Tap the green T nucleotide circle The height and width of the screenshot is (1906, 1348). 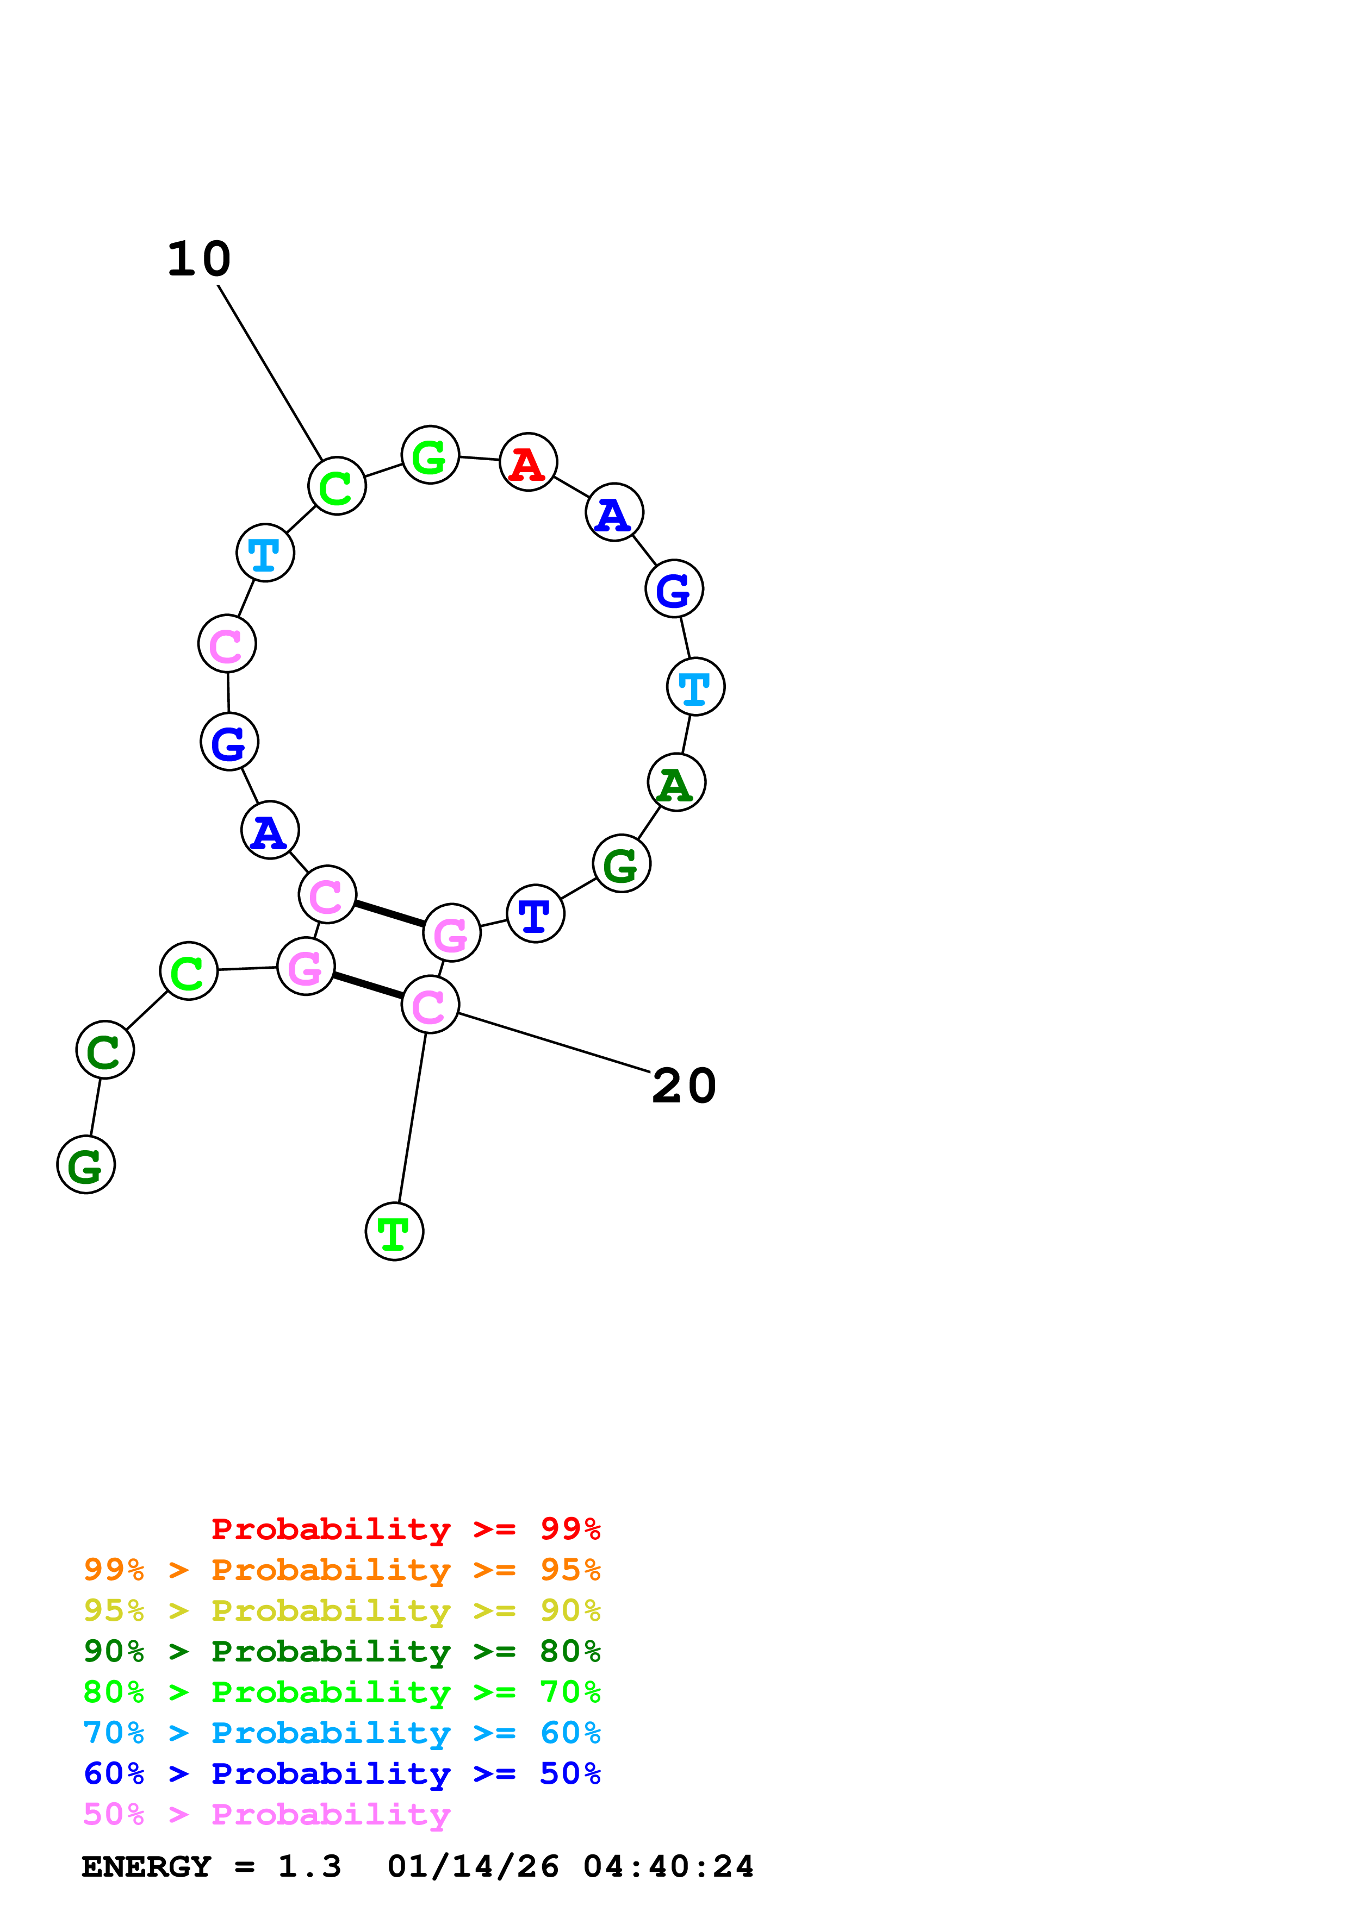[x=395, y=1231]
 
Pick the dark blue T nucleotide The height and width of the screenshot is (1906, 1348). [x=535, y=914]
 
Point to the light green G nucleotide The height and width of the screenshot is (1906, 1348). [x=430, y=455]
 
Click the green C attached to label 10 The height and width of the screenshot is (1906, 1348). [x=337, y=486]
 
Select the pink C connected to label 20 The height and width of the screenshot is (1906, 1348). [x=430, y=1005]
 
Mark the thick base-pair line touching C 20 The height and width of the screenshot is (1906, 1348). [x=368, y=986]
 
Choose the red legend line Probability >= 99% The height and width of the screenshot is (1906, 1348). [x=405, y=1529]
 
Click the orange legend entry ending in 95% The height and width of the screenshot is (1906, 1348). [x=341, y=1570]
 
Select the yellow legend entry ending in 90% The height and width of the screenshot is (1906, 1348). [x=341, y=1610]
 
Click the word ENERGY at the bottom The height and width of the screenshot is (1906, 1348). [x=146, y=1867]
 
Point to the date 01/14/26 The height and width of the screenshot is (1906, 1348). [x=473, y=1867]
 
